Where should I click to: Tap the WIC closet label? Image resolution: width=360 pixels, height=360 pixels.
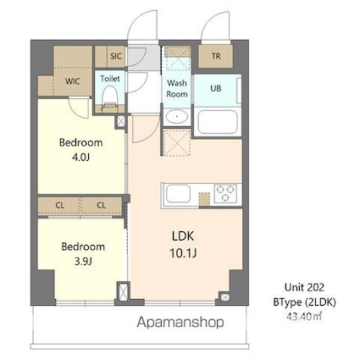[x=73, y=83]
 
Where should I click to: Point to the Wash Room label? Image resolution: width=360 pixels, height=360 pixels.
[x=176, y=88]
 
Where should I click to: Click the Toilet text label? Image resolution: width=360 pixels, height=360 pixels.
[x=109, y=78]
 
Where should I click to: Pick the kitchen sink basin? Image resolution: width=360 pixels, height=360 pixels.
[x=179, y=193]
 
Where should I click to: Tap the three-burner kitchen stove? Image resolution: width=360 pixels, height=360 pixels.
[x=226, y=192]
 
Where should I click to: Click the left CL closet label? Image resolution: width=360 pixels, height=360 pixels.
[x=60, y=205]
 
